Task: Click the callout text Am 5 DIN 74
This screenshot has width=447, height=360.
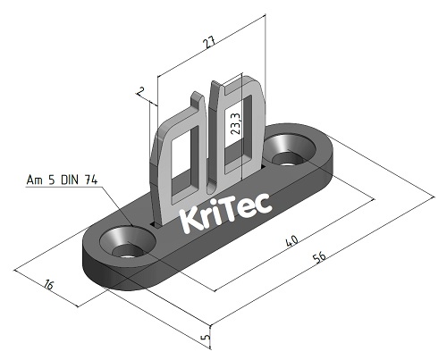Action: tap(62, 180)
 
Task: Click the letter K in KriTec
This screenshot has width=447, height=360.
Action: tap(191, 220)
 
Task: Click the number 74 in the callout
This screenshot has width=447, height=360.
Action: tap(90, 180)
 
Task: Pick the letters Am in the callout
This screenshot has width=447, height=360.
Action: tap(34, 180)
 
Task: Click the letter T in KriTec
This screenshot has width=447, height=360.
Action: tap(235, 211)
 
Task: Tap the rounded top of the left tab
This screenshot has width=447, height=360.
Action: tap(182, 107)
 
